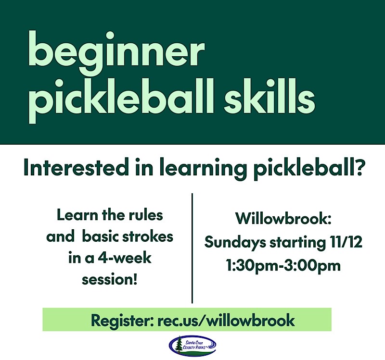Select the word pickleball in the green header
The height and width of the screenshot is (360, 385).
(122, 100)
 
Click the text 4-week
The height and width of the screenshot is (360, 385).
(125, 258)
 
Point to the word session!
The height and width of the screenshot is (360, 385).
(110, 280)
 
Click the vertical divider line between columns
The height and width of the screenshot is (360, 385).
(192, 248)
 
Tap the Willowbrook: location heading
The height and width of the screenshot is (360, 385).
(283, 218)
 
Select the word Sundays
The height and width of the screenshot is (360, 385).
(235, 242)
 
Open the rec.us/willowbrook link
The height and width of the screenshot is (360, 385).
(226, 320)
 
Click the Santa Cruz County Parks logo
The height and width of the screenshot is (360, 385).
(192, 346)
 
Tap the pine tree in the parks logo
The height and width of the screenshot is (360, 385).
(180, 344)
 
